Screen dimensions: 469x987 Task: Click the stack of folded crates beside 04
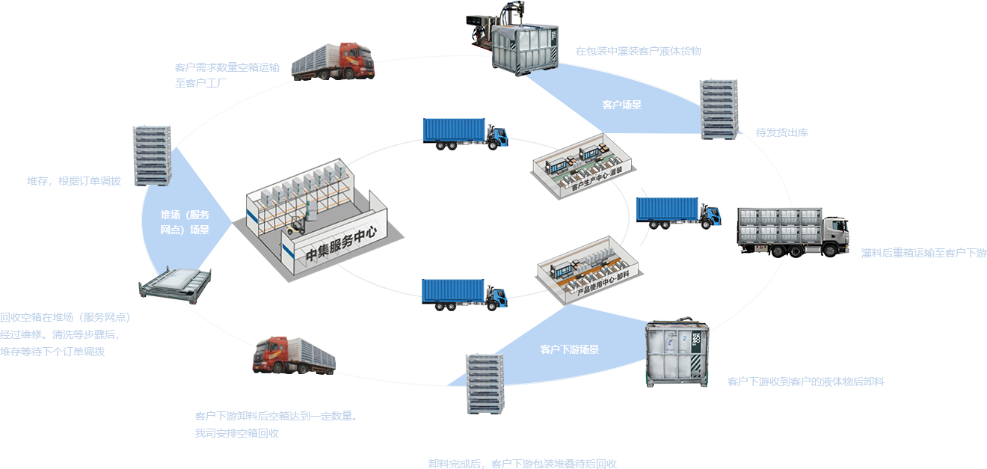coord(719,108)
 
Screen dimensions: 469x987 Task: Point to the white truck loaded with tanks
coord(793,230)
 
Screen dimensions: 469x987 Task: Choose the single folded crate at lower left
coord(175,286)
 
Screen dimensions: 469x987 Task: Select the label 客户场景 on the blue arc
coord(622,105)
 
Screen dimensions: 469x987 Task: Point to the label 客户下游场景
coord(570,349)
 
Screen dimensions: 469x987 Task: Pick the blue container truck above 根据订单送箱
coord(465,134)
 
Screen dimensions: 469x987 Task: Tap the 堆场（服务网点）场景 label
coord(185,223)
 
